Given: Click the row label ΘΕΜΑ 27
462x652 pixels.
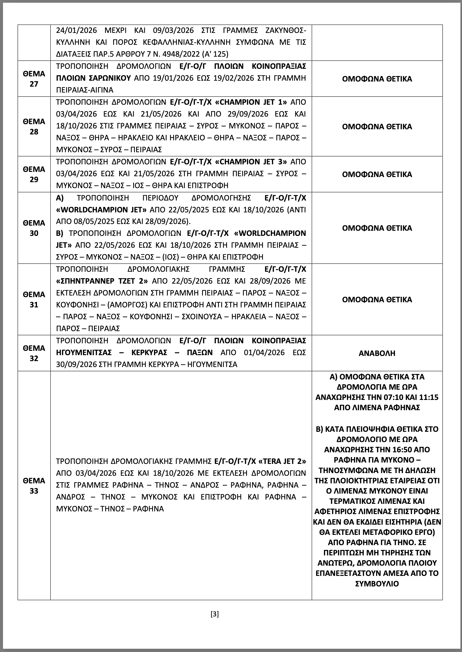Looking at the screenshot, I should click(34, 79).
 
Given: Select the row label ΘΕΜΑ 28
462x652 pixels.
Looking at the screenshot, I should click(34, 126).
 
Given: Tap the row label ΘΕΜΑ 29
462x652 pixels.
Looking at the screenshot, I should click(34, 174).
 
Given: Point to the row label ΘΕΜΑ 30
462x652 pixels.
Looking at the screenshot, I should click(34, 228).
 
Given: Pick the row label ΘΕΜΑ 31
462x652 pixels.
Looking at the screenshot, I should click(34, 300).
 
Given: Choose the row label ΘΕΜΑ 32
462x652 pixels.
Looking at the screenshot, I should click(34, 353).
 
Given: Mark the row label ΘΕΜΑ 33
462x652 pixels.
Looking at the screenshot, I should click(34, 485).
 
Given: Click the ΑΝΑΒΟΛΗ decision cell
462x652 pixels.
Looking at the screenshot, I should click(377, 353).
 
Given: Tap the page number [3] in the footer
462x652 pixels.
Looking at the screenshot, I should click(215, 614).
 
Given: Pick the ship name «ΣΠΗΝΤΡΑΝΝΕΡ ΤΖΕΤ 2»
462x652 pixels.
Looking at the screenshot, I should click(102, 281).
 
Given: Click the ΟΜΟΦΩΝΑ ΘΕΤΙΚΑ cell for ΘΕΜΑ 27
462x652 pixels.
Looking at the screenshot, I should click(377, 79).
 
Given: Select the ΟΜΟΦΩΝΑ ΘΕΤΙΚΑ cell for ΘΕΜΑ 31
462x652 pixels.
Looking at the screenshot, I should click(377, 300).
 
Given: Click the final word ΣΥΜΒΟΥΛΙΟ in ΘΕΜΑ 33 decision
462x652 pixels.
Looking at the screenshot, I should click(377, 583).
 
